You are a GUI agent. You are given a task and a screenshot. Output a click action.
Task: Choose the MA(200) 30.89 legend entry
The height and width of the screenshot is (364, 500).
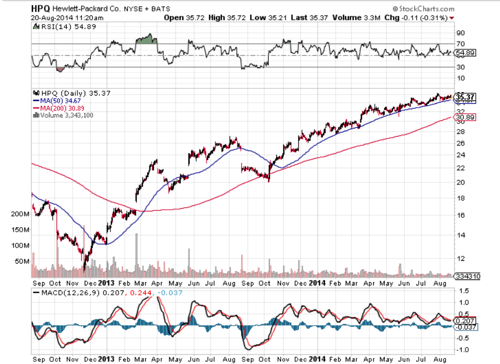pyautogui.click(x=61, y=109)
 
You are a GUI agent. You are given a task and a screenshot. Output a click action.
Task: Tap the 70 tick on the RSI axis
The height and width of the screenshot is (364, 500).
pyautogui.click(x=460, y=43)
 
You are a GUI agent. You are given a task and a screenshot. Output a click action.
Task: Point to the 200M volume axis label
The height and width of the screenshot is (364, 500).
pyautogui.click(x=20, y=215)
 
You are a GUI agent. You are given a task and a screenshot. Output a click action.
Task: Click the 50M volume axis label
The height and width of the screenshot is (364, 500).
pyautogui.click(x=23, y=261)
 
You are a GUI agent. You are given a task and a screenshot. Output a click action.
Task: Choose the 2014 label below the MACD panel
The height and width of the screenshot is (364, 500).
pyautogui.click(x=317, y=359)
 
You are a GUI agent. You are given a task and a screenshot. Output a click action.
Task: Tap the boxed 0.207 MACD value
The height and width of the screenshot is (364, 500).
pyautogui.click(x=466, y=320)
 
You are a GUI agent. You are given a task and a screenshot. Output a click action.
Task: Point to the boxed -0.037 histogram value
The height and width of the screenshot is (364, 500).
pyautogui.click(x=467, y=327)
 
